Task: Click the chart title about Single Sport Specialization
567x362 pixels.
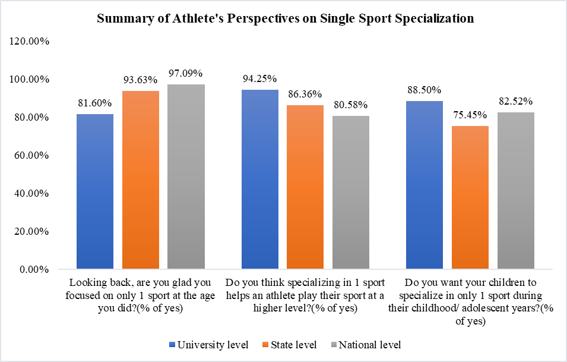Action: (285, 18)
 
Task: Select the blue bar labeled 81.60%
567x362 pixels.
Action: (95, 191)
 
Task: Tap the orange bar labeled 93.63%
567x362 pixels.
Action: (141, 180)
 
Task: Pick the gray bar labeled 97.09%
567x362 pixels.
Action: (186, 177)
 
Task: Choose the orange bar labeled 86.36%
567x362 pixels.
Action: (305, 187)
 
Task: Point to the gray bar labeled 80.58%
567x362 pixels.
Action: (350, 193)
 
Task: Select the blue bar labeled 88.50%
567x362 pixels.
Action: (424, 185)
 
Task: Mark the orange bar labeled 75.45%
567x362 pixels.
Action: (470, 197)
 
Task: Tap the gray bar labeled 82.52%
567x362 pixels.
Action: (515, 191)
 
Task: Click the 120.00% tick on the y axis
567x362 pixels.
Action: (29, 42)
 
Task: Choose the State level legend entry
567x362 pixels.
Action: (290, 345)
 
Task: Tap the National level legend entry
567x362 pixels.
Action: (365, 345)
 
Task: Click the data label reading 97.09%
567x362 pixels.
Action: (186, 74)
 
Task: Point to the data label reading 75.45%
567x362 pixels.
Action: (470, 115)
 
